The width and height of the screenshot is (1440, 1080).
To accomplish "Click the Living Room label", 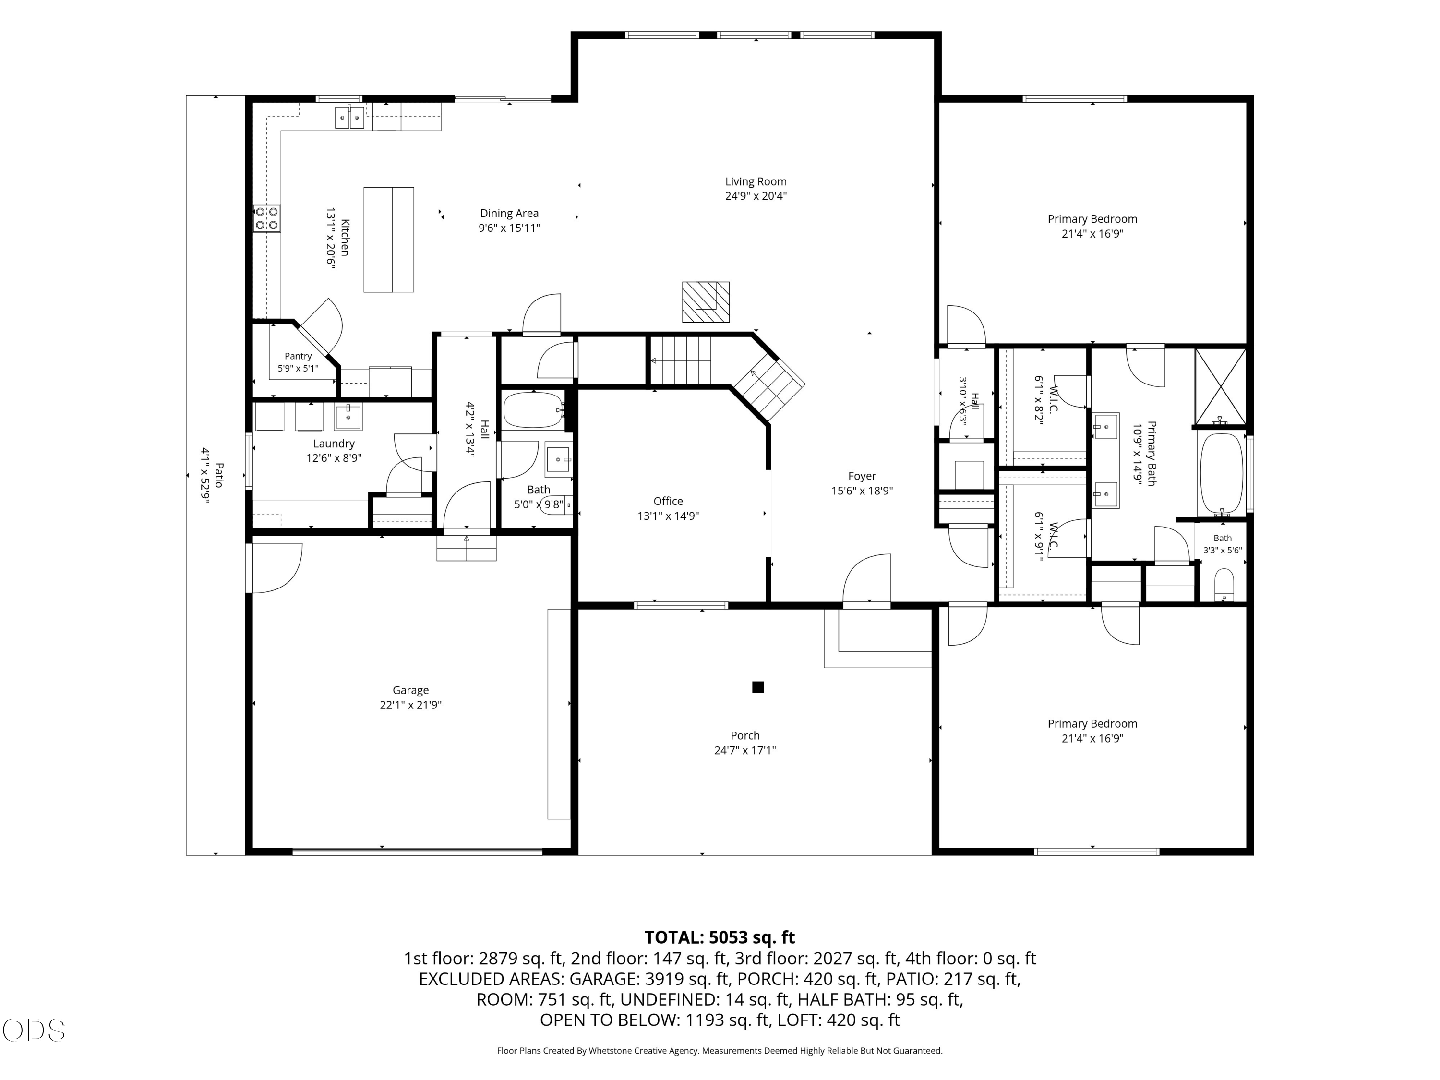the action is tap(756, 181).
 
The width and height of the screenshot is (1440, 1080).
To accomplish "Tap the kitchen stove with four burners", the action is tap(267, 218).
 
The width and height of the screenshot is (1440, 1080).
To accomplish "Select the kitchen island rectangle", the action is tap(389, 240).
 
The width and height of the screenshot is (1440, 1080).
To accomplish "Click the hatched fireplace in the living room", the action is tap(706, 302).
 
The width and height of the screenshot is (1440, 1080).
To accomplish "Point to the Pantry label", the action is tap(298, 356).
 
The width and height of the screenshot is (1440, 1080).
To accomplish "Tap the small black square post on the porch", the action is tap(758, 687).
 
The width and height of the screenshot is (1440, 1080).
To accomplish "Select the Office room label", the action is tap(669, 501).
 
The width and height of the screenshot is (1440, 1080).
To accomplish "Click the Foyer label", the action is tap(862, 476).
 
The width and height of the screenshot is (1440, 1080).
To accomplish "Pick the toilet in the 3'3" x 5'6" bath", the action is tap(1224, 585).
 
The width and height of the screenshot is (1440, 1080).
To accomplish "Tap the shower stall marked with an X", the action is tap(1221, 387).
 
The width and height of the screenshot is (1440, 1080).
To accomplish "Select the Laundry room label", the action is tap(334, 444).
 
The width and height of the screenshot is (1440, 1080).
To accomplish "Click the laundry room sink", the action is tap(348, 417).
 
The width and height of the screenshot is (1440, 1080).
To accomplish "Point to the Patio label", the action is tap(219, 475).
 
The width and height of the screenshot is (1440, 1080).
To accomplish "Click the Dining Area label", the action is tap(509, 213).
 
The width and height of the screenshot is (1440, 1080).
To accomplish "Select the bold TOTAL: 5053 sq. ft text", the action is tap(720, 937).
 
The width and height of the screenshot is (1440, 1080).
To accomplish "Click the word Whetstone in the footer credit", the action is tap(611, 1051).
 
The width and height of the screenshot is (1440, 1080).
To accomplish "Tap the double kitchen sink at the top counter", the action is tap(349, 117).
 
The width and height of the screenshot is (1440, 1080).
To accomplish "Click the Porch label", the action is tap(745, 736).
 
